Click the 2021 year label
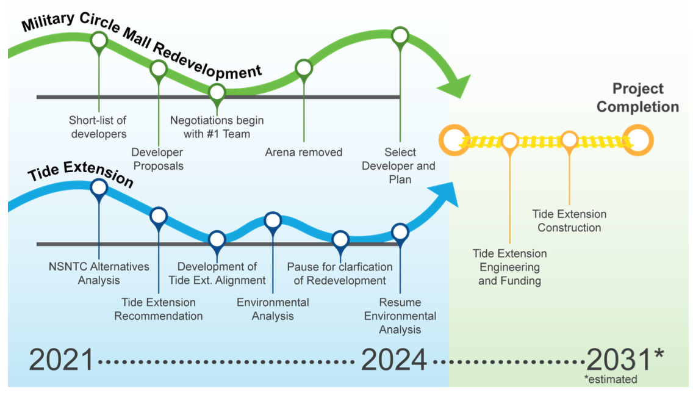[x=62, y=360]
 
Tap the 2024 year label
[x=393, y=360]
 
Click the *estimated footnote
[x=610, y=380]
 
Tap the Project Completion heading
[x=637, y=98]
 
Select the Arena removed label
[x=304, y=152]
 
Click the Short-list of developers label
[x=98, y=126]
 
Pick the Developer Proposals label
[x=157, y=159]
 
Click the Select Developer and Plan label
[x=399, y=165]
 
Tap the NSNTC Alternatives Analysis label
[x=99, y=274]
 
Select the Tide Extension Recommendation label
[x=159, y=309]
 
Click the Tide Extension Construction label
[x=569, y=221]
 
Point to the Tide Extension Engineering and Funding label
[x=510, y=267]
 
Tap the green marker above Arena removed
[x=304, y=68]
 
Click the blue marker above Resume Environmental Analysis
[x=400, y=232]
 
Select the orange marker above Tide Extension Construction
[x=569, y=140]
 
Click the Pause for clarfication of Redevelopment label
[x=340, y=274]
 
